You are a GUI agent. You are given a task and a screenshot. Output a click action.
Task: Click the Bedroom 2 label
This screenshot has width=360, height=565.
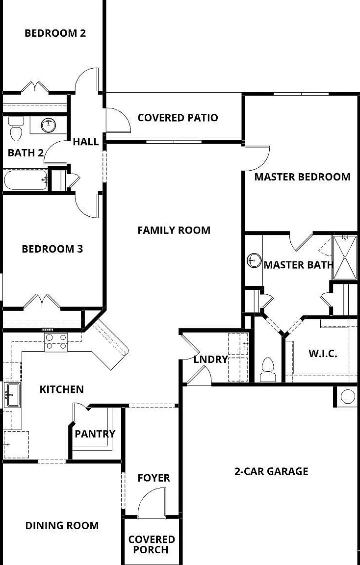point(55,33)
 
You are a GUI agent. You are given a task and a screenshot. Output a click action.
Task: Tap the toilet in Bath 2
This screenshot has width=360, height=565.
point(16,128)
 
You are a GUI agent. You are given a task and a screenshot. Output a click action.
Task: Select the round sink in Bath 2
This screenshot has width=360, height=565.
point(48,125)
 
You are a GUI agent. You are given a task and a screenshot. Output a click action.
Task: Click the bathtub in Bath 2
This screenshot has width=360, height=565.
point(26,180)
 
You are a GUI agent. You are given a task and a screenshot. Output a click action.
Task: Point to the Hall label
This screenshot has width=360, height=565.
point(86,142)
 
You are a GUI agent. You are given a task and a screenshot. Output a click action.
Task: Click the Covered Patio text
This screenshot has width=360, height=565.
point(178,118)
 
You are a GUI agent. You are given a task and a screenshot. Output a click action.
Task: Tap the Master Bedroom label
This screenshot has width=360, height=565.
point(302,177)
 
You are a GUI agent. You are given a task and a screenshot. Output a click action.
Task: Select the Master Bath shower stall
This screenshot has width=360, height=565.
point(344,257)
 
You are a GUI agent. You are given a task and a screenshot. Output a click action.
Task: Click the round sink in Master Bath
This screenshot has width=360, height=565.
point(254,260)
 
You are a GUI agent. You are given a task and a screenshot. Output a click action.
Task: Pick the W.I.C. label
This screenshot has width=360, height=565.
point(323,354)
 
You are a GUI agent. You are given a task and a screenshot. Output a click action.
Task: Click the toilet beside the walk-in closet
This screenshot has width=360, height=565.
point(268,369)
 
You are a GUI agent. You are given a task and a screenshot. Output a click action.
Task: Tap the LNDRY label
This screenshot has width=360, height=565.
point(211,359)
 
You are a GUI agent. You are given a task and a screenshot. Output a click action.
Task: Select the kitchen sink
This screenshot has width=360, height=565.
point(13,395)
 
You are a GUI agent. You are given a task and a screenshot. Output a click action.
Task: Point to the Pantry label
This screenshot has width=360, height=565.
point(95,434)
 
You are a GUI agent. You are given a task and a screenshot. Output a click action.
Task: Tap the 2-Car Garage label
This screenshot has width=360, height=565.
point(271,471)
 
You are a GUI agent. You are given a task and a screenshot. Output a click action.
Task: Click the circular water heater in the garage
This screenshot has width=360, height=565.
point(348,396)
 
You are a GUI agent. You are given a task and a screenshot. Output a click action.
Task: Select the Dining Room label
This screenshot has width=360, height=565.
point(62,525)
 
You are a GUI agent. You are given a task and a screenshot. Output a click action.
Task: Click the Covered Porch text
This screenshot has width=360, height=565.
point(152,544)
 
